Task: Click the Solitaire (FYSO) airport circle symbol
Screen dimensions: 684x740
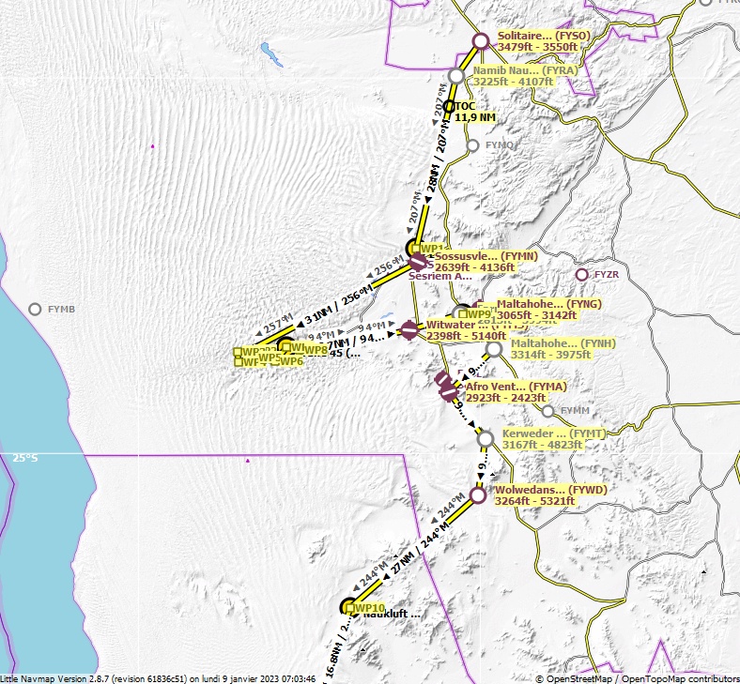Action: click(x=480, y=40)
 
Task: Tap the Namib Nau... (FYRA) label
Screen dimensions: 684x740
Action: click(x=525, y=70)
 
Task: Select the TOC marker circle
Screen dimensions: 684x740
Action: click(x=449, y=106)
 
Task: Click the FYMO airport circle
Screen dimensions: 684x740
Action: click(x=473, y=145)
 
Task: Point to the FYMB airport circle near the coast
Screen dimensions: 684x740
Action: click(x=35, y=309)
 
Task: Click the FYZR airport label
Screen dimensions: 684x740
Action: click(x=607, y=275)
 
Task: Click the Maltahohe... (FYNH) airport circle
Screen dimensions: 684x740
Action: click(x=494, y=349)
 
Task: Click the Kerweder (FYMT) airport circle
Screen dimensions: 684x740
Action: click(x=485, y=438)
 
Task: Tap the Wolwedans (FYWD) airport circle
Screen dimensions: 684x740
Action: click(x=477, y=494)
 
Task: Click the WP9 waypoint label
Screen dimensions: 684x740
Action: click(x=491, y=314)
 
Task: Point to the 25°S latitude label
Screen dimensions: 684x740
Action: click(x=24, y=458)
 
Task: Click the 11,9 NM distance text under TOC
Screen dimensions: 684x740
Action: click(x=475, y=117)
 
